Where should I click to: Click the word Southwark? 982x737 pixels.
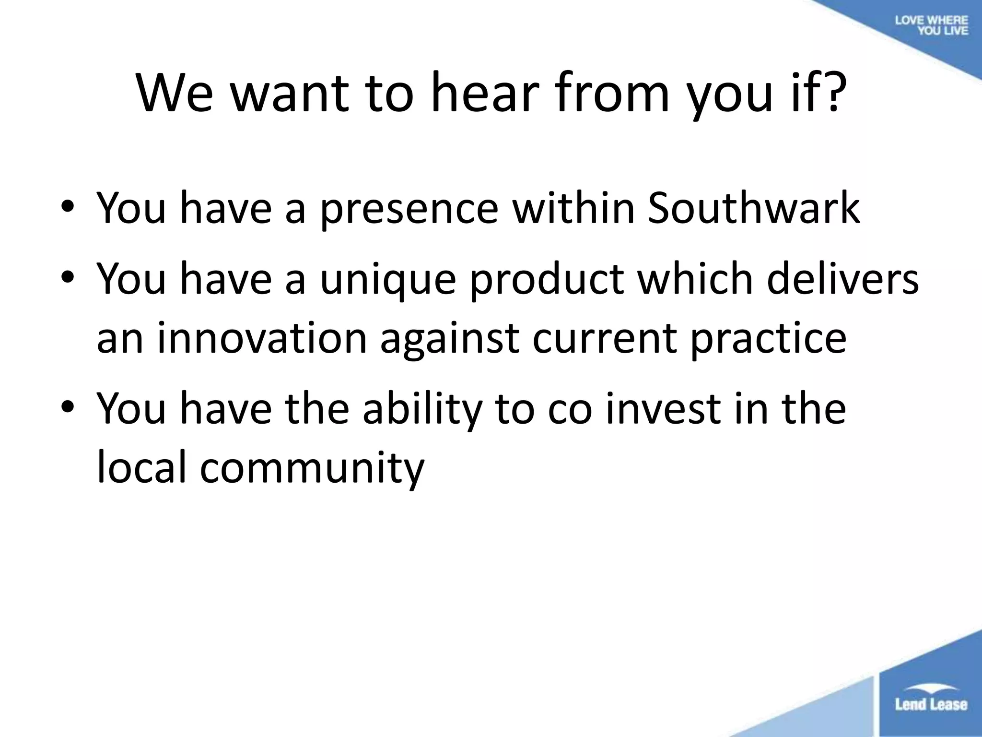tap(753, 208)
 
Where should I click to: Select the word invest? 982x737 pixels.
tap(663, 409)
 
